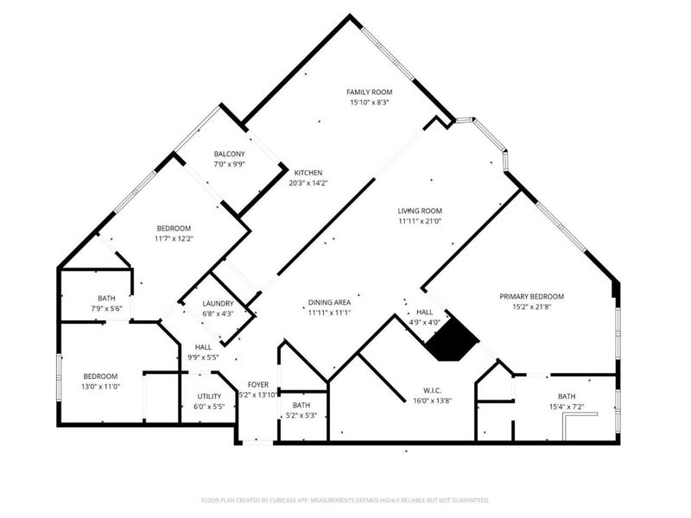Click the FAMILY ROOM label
click(370, 92)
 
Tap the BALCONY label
click(229, 154)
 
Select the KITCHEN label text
click(308, 173)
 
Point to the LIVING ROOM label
click(420, 211)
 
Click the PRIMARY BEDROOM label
click(531, 296)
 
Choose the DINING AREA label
click(329, 302)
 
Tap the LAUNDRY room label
click(218, 304)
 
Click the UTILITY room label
click(209, 396)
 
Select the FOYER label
click(258, 384)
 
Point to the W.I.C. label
click(433, 391)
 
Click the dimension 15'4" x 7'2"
click(567, 407)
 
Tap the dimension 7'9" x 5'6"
click(106, 309)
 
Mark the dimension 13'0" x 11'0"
click(100, 387)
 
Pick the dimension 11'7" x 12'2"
click(174, 239)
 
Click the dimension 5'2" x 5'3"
click(301, 415)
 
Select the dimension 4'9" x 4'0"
click(424, 322)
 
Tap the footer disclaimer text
click(345, 501)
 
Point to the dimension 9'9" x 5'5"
click(203, 357)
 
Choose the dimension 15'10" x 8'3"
click(370, 103)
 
